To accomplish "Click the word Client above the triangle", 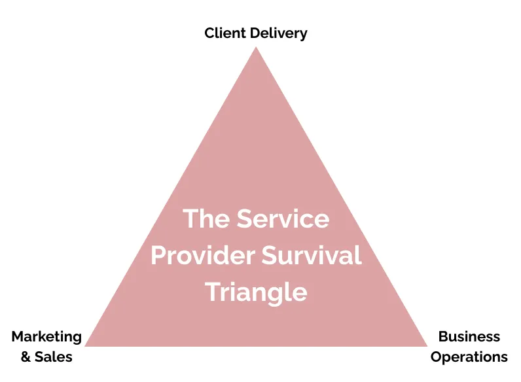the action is click(x=225, y=33).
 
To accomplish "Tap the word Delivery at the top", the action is click(x=279, y=33).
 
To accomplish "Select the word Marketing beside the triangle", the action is click(x=46, y=337).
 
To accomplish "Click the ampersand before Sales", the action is click(x=26, y=356).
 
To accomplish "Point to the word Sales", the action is click(x=54, y=356).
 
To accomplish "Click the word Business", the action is click(x=469, y=336).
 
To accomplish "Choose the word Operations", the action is click(x=469, y=357).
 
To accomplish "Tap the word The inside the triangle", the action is click(x=206, y=218).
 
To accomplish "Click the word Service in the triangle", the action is click(x=283, y=218).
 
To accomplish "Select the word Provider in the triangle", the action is click(x=203, y=255).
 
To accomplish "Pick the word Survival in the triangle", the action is click(x=312, y=255).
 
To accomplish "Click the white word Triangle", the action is click(x=256, y=292).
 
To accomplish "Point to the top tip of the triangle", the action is click(x=256, y=47).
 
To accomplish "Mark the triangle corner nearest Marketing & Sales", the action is click(x=85, y=346).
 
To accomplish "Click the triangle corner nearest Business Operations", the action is click(x=427, y=346).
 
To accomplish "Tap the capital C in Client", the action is click(x=210, y=33).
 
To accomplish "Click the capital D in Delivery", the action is click(x=255, y=33).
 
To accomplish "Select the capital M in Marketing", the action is click(x=18, y=336).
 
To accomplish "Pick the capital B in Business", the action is click(x=444, y=336).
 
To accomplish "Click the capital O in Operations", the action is click(x=437, y=356).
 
